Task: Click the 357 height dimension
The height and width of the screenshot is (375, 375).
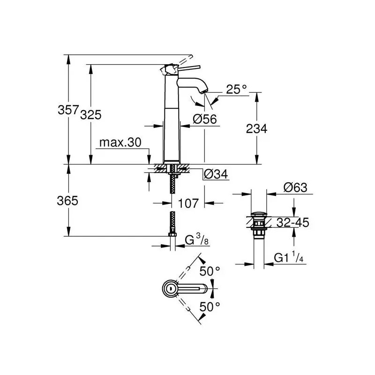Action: pyautogui.click(x=68, y=110)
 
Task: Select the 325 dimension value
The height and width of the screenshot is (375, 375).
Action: pyautogui.click(x=91, y=115)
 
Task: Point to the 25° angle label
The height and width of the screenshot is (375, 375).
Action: pyautogui.click(x=237, y=90)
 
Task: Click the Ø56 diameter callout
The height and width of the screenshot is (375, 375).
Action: pyautogui.click(x=205, y=119)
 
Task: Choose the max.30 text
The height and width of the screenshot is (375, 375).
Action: pyautogui.click(x=120, y=142)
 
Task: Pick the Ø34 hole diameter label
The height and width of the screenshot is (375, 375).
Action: pyautogui.click(x=216, y=174)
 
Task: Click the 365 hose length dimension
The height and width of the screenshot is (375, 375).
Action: pyautogui.click(x=67, y=201)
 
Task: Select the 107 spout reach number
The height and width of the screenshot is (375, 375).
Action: pyautogui.click(x=188, y=203)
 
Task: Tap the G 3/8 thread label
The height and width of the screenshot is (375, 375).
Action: pyautogui.click(x=197, y=240)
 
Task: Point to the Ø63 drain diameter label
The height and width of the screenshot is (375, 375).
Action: pyautogui.click(x=295, y=187)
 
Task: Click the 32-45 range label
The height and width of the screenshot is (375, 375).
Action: pyautogui.click(x=292, y=222)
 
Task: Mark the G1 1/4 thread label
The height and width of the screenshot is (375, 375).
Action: pyautogui.click(x=289, y=257)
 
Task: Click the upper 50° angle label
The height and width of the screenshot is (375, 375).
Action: pyautogui.click(x=210, y=271)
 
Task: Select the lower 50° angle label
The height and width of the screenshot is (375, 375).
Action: pyautogui.click(x=210, y=307)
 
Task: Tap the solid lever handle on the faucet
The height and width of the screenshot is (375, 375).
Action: pyautogui.click(x=189, y=67)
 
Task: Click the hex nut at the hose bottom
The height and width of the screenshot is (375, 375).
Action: pyautogui.click(x=172, y=234)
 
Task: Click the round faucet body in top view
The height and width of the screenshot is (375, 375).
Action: pyautogui.click(x=170, y=288)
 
